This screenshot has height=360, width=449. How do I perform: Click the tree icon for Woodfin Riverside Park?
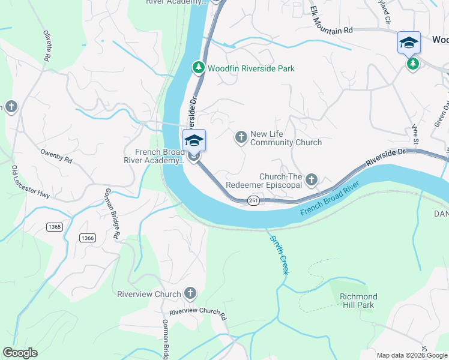[x=199, y=68]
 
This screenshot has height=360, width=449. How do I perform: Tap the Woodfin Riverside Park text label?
[x=251, y=68]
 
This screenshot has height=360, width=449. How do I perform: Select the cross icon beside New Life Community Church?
[x=241, y=138]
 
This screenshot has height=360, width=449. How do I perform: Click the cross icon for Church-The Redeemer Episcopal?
[x=311, y=179]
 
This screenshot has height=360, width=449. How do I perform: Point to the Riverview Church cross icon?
[x=190, y=293]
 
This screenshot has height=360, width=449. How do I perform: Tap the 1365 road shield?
[x=54, y=226]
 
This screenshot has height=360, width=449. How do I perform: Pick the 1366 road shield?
[x=87, y=238]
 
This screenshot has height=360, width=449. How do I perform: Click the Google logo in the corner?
[x=20, y=353]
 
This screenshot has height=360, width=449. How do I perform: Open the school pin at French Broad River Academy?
[x=194, y=141]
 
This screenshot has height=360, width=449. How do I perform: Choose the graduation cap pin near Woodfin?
[x=409, y=43]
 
